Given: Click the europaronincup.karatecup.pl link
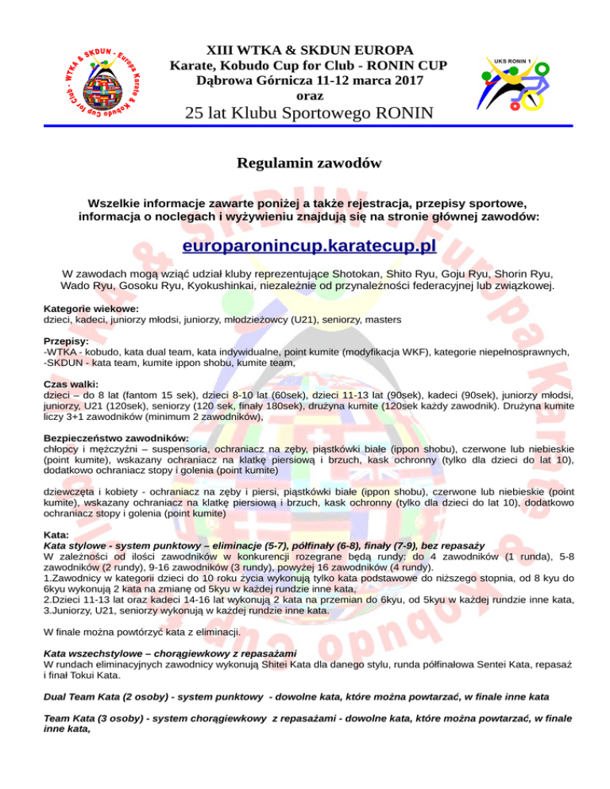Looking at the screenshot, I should point(309,246).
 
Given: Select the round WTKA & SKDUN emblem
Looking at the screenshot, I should point(98,79).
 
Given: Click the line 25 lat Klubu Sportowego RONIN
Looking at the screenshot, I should point(309,113).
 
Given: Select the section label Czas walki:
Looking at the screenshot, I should point(71,382).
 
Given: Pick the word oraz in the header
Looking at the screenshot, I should point(308,94).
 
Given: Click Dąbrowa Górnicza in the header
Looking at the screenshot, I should point(245,79).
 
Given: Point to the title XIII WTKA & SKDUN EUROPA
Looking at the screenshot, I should point(309,49).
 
